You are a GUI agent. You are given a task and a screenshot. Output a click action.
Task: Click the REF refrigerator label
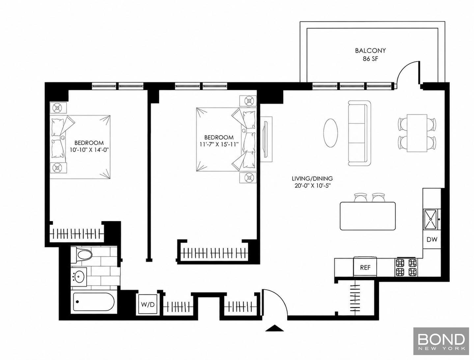click(365, 268)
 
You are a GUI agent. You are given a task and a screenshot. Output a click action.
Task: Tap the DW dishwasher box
click(432, 239)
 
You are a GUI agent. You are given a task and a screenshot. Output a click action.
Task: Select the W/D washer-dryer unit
click(148, 305)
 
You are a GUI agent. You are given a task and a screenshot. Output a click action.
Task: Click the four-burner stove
click(406, 267)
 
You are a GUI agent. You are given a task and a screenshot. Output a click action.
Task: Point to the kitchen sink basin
click(431, 219)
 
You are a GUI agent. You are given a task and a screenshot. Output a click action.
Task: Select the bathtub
click(94, 302)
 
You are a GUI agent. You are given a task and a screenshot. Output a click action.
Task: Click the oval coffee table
click(330, 133)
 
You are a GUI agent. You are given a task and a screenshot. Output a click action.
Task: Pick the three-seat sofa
click(359, 133)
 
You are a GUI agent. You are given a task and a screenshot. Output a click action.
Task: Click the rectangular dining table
click(417, 133)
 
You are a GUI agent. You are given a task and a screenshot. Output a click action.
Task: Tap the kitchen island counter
click(368, 216)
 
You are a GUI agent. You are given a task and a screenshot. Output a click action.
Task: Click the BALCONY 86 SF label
click(370, 55)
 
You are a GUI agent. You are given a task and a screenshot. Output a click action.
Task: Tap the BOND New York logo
click(441, 342)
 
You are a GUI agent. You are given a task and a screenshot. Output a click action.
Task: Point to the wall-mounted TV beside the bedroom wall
click(266, 139)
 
